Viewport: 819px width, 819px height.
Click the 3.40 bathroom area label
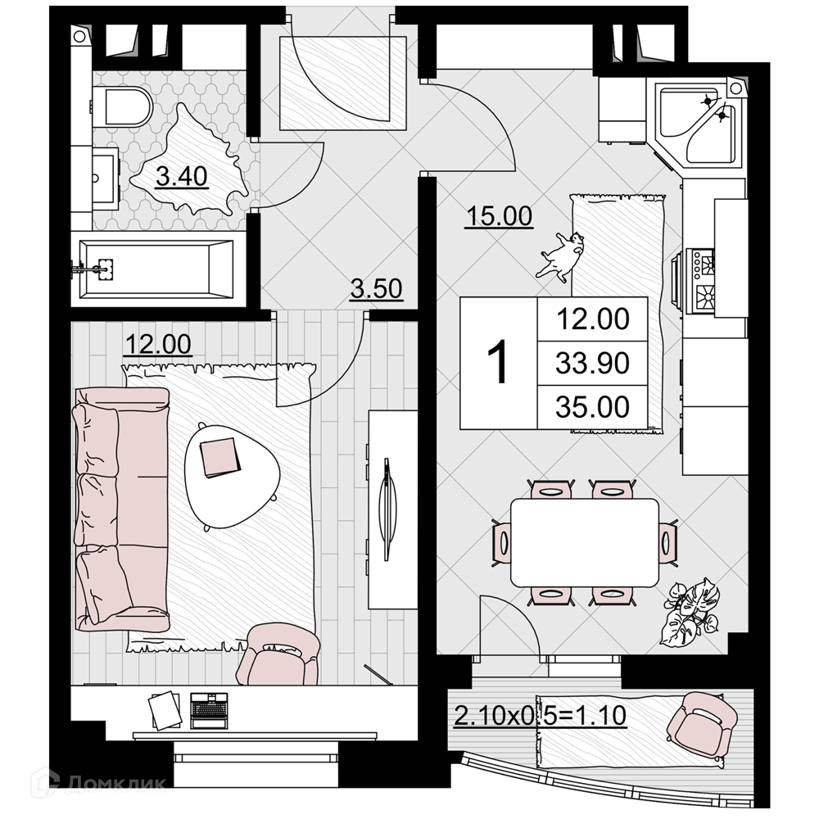click(x=182, y=177)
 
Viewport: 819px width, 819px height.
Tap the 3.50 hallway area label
click(x=376, y=288)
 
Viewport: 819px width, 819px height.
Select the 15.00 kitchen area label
click(x=500, y=215)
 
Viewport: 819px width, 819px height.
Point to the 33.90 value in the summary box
click(x=592, y=363)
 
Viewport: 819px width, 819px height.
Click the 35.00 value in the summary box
click(x=592, y=407)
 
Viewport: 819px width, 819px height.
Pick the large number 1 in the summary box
click(x=498, y=361)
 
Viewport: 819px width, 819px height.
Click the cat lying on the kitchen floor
click(x=559, y=256)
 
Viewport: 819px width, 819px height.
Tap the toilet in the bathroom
click(x=122, y=107)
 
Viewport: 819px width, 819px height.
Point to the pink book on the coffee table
click(x=220, y=457)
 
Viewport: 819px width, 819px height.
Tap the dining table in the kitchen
click(x=585, y=542)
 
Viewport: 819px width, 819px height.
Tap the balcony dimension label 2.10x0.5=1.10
click(x=540, y=716)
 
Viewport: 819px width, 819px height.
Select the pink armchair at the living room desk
click(x=278, y=654)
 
